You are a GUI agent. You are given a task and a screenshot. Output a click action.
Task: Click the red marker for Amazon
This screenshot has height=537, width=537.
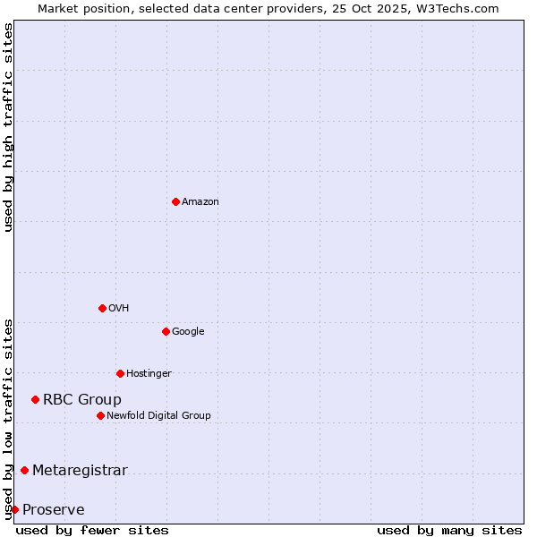[175, 201]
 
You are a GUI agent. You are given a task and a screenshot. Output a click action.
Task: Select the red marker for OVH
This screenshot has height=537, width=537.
[102, 308]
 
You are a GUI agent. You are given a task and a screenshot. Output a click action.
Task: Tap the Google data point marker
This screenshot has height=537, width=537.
[166, 331]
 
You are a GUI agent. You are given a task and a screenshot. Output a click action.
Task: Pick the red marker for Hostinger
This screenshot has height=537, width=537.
[120, 373]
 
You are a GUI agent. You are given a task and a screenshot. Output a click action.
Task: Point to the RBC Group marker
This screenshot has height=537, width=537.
[35, 399]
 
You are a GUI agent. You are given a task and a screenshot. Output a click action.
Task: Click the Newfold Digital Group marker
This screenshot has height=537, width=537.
[100, 415]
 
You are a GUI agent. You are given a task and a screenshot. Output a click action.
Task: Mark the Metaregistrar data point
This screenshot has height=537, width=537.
[24, 470]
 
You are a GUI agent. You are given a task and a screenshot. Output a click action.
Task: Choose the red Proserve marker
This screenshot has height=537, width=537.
[14, 509]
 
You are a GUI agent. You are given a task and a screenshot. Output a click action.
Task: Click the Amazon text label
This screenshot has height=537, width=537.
[200, 202]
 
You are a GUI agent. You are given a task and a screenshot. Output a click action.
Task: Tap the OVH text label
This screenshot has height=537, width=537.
[119, 309]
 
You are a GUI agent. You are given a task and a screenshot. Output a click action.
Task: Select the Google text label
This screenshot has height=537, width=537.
[188, 332]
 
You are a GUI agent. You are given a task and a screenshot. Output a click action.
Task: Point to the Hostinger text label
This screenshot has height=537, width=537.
[149, 374]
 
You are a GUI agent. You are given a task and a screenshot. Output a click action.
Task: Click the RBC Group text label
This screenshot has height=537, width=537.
[82, 400]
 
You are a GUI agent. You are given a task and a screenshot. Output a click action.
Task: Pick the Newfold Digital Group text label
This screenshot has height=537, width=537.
[158, 416]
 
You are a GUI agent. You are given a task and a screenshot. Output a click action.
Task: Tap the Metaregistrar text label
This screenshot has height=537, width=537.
[80, 471]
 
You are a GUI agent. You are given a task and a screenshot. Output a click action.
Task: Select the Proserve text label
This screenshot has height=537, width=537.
[54, 510]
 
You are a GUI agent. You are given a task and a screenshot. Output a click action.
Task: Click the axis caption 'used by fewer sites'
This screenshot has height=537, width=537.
[92, 530]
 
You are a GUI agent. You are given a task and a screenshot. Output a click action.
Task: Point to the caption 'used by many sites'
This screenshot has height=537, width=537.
[449, 530]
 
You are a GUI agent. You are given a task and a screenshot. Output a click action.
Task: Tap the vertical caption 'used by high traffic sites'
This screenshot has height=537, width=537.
[8, 127]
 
